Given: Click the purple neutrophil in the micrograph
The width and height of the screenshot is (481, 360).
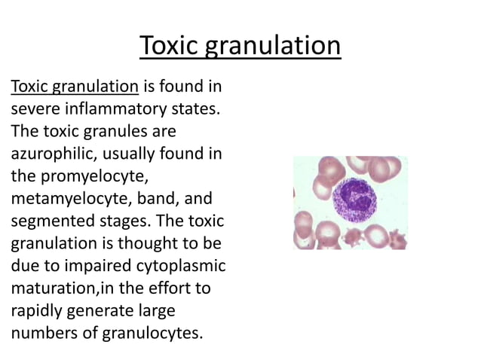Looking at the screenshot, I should click(x=351, y=201).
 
